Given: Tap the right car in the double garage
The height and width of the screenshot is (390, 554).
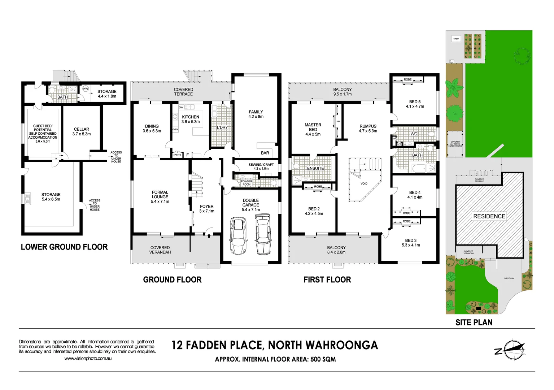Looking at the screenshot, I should click(263, 234).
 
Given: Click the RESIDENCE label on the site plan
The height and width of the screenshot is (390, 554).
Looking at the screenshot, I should click(489, 216).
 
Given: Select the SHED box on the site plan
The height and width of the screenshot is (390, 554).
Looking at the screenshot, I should click(456, 39).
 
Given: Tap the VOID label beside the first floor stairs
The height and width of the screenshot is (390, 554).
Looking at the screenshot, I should click(364, 184).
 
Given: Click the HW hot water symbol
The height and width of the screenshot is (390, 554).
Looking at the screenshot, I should click(86, 88).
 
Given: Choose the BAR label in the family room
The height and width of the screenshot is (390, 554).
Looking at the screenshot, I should click(265, 153).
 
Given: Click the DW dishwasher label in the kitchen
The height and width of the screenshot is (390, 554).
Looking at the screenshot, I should click(181, 108).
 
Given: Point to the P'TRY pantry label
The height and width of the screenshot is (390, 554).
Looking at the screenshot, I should click(177, 155).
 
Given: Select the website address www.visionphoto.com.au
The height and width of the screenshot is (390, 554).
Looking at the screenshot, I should click(88, 359).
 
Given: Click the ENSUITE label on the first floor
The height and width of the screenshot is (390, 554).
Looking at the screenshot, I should click(315, 169).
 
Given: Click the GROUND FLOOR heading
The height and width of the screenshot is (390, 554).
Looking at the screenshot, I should click(172, 280).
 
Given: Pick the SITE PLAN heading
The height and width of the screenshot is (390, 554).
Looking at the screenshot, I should click(474, 322).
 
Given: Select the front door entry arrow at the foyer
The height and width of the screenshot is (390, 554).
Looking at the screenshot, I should click(209, 235).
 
